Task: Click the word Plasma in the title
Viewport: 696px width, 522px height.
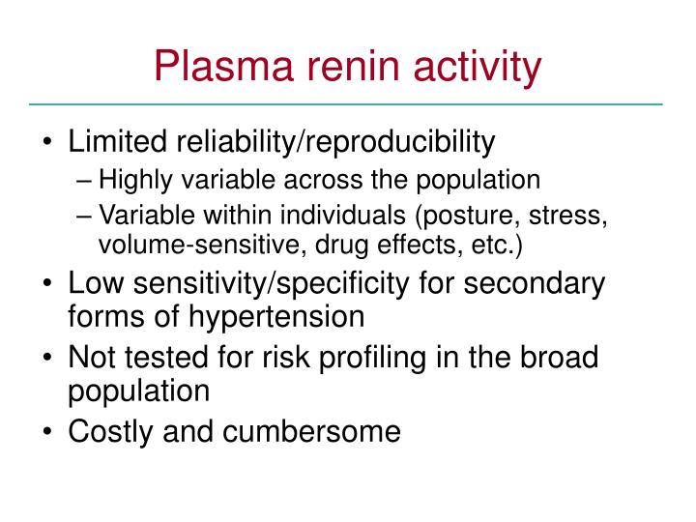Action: click(223, 67)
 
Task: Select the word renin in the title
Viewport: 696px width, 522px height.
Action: click(354, 67)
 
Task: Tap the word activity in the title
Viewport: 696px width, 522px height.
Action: click(478, 68)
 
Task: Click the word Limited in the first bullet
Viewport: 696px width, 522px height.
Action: click(117, 141)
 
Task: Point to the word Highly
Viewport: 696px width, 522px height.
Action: click(136, 181)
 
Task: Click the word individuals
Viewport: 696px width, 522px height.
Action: click(342, 215)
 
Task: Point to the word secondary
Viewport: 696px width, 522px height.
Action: click(535, 284)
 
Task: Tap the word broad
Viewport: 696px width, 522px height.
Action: click(560, 357)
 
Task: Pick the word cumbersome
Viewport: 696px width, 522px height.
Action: click(311, 431)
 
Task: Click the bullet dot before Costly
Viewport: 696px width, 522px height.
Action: click(47, 431)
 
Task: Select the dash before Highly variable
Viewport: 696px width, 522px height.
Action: click(84, 181)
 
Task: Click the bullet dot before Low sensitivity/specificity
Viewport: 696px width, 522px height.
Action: click(47, 283)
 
